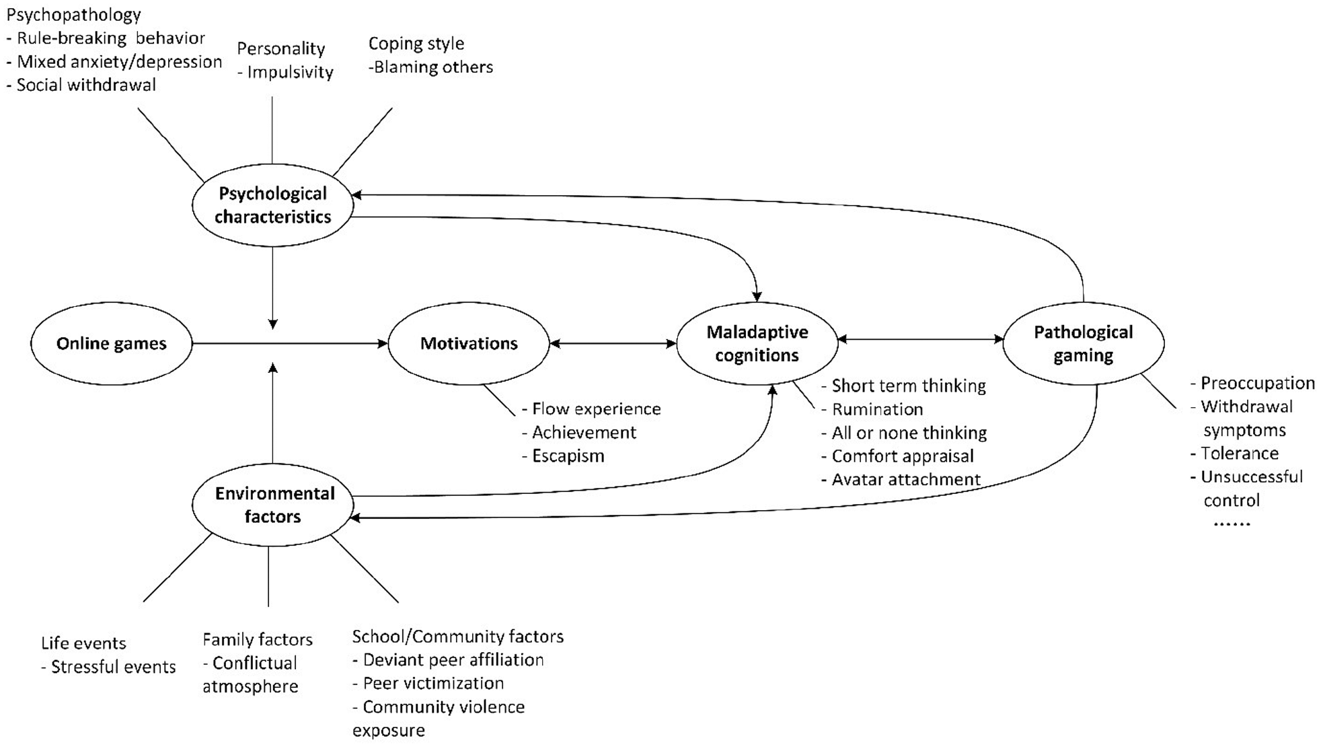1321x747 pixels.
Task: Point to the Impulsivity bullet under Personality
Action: point(285,72)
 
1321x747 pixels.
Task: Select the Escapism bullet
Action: point(563,456)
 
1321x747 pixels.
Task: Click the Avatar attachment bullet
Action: point(901,479)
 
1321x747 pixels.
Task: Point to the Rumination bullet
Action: point(872,409)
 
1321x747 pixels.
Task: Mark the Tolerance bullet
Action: point(1234,453)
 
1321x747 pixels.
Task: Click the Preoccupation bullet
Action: point(1252,383)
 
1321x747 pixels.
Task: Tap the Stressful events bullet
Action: point(108,667)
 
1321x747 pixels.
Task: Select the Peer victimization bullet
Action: point(428,683)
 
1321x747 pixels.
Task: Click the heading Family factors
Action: point(258,639)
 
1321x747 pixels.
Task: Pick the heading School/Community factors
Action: point(458,637)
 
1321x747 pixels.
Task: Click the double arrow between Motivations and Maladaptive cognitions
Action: point(613,343)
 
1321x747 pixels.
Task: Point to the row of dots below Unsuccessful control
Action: point(1232,524)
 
